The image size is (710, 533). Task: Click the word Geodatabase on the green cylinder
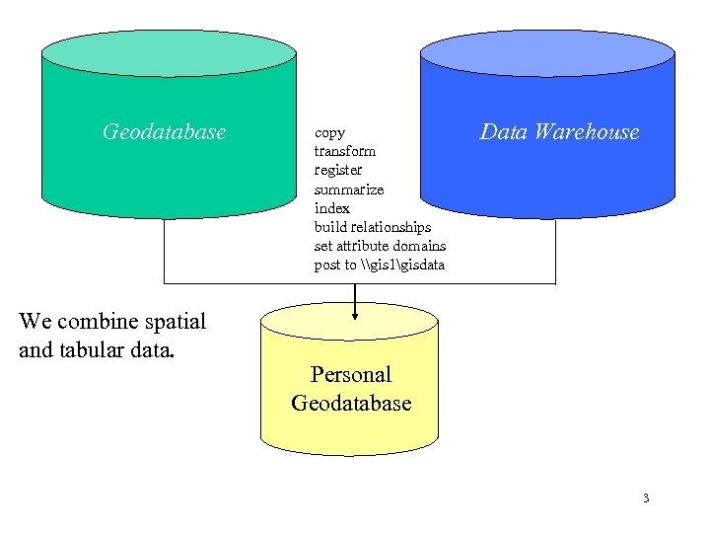click(x=165, y=131)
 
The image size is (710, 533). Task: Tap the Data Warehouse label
click(x=559, y=131)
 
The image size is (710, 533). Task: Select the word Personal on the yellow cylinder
click(x=350, y=374)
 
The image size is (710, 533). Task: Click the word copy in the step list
click(x=329, y=132)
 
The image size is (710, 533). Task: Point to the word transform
click(x=344, y=151)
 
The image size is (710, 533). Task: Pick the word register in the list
click(x=337, y=170)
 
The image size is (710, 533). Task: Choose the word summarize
click(x=348, y=189)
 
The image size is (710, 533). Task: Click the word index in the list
click(x=331, y=207)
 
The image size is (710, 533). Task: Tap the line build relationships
click(x=372, y=227)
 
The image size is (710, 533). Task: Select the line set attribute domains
click(x=380, y=246)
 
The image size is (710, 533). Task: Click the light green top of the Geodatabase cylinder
click(x=169, y=51)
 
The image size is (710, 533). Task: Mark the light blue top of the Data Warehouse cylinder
click(x=547, y=52)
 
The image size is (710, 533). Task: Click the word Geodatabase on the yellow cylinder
click(x=350, y=403)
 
